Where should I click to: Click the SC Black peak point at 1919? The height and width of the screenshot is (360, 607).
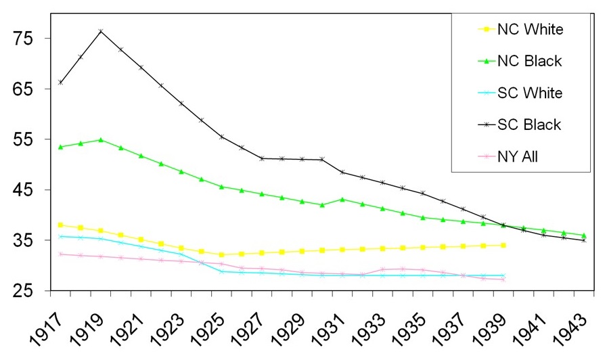click(101, 31)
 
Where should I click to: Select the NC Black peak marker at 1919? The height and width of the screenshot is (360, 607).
click(101, 140)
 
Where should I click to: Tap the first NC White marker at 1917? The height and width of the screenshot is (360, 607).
click(60, 225)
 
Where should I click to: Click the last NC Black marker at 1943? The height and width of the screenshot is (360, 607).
click(584, 235)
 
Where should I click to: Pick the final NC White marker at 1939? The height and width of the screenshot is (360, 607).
click(503, 245)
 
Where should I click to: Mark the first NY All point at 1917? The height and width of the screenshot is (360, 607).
click(60, 254)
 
